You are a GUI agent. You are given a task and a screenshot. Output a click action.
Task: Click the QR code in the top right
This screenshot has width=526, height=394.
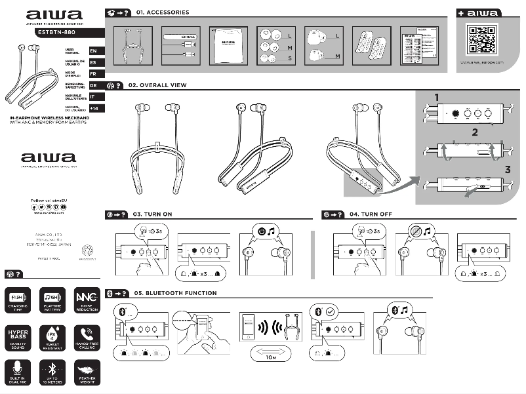point(482,39)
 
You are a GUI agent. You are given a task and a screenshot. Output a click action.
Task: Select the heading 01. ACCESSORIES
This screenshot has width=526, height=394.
point(162,12)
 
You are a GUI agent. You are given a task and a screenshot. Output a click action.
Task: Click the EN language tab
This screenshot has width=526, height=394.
point(93,50)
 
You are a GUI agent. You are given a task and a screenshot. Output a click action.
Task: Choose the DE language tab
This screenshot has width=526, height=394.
point(93,85)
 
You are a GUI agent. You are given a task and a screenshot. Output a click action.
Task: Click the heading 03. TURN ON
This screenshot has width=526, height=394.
point(152,214)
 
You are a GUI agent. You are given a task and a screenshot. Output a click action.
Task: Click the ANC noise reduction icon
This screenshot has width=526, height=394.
point(88,298)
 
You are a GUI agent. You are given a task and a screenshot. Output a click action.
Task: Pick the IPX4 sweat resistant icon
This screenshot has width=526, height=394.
point(53,335)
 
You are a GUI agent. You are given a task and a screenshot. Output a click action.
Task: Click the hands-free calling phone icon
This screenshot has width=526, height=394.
point(88,335)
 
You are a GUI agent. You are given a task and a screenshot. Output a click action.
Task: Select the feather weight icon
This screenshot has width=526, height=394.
point(88,372)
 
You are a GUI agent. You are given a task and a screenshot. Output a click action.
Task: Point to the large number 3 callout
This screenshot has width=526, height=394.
point(507,170)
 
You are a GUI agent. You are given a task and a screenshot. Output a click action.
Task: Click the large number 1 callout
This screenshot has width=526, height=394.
point(437,98)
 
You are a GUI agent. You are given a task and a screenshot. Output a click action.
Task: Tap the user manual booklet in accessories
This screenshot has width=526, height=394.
point(228,45)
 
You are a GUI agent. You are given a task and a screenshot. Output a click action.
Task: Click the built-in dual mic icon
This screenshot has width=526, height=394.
point(18,372)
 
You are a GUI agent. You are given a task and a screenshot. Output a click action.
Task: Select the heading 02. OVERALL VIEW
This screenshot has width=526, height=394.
point(157,85)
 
